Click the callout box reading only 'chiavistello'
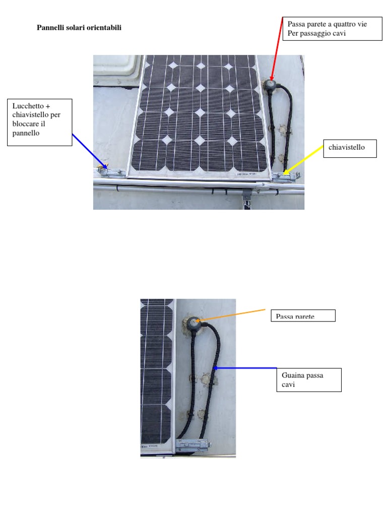(x=350, y=148)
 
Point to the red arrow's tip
(x=271, y=79)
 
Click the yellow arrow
(x=305, y=159)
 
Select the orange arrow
(x=231, y=315)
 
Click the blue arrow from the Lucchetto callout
(x=89, y=150)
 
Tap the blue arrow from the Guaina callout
(x=245, y=368)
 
